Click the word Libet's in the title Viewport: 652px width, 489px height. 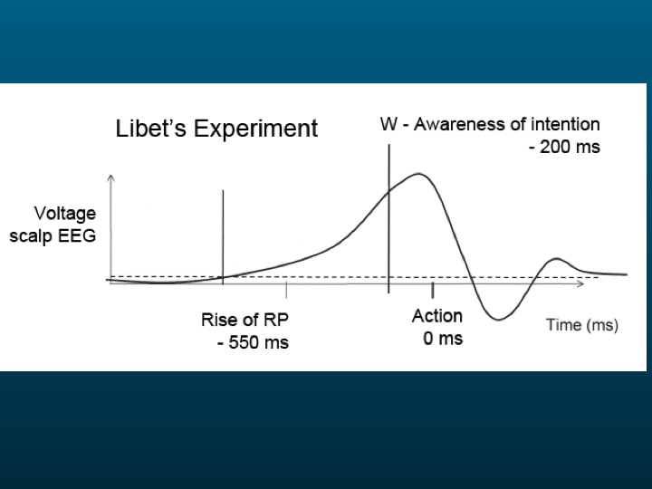point(150,128)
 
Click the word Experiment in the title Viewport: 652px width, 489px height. point(255,129)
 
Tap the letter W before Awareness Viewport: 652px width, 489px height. point(388,124)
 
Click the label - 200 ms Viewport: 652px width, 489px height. point(565,148)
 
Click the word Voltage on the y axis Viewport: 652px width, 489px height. point(65,215)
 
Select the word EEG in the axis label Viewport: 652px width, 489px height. point(77,235)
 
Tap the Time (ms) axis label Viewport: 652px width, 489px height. point(582,325)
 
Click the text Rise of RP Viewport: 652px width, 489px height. point(244,320)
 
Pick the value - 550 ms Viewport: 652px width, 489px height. point(253,342)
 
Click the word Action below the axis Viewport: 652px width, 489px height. point(437,316)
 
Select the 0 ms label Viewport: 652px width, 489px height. point(443,339)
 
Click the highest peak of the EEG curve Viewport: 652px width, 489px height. point(418,174)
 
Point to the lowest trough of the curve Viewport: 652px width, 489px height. point(498,319)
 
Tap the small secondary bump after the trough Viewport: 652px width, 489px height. point(556,260)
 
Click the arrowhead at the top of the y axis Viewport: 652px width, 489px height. point(110,178)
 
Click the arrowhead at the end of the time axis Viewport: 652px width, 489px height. point(580,283)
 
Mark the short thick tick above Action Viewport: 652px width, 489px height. point(433,290)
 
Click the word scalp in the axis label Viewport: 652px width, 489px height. point(31,236)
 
